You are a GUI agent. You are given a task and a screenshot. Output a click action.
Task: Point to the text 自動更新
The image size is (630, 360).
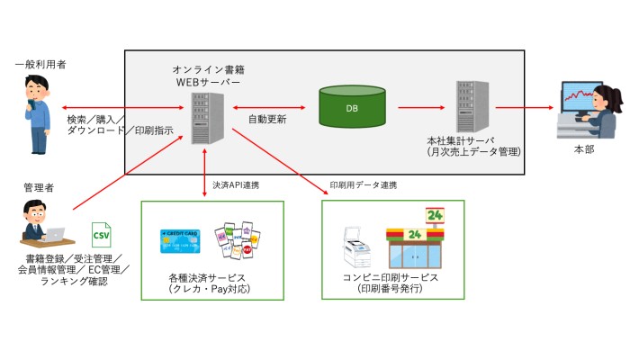[267, 119]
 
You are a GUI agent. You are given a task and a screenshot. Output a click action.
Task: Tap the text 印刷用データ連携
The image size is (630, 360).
[364, 185]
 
